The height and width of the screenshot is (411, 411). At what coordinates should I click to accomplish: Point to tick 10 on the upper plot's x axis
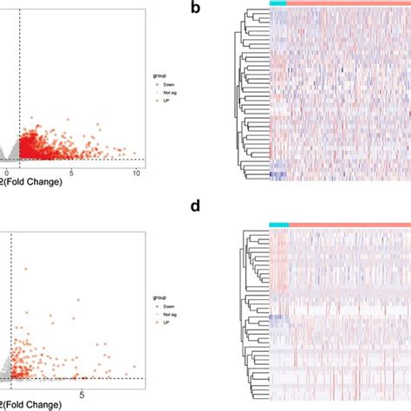tap(136, 174)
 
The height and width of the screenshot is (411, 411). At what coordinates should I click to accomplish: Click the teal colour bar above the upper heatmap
tap(277, 4)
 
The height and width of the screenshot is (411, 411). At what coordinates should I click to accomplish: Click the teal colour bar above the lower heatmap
tap(278, 225)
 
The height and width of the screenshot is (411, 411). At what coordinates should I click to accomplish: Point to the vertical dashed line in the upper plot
tap(19, 87)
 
